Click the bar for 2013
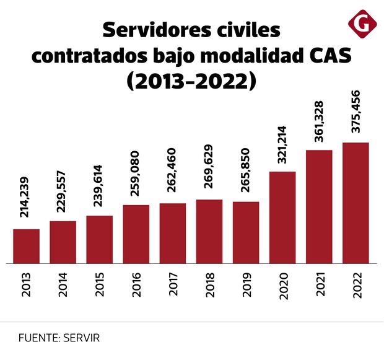[x=26, y=246]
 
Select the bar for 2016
[x=136, y=234]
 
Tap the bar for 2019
[x=246, y=232]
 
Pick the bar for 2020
[x=282, y=217]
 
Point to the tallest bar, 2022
[x=356, y=203]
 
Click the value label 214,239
[x=26, y=197]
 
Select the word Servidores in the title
[x=155, y=29]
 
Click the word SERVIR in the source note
[x=80, y=338]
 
